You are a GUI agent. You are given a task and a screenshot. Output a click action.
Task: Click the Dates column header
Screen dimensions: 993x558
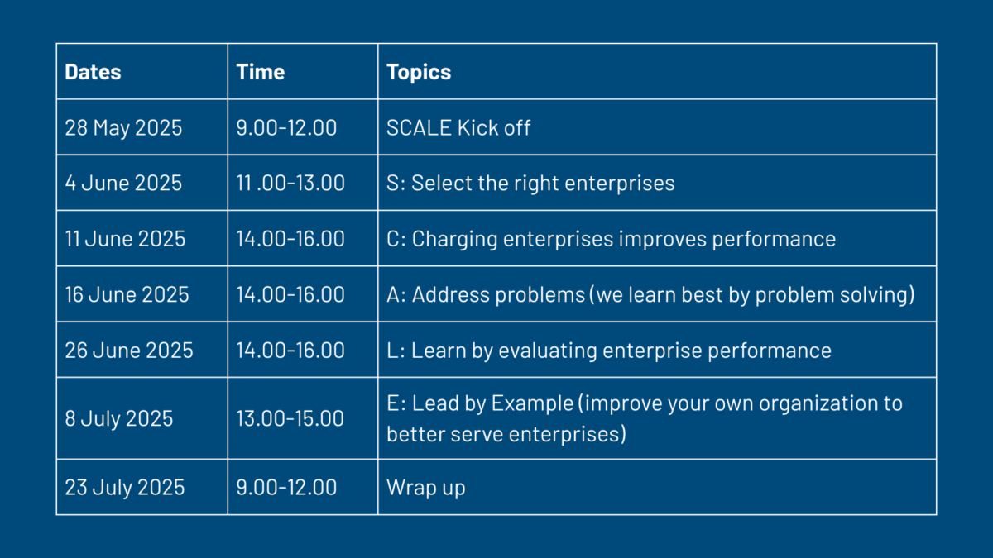pyautogui.click(x=93, y=72)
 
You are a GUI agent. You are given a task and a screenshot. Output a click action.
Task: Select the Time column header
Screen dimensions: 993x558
pyautogui.click(x=260, y=72)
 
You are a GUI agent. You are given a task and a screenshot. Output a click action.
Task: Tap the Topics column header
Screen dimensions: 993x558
pyautogui.click(x=419, y=73)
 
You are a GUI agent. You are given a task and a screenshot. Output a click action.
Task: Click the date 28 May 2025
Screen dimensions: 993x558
pyautogui.click(x=123, y=128)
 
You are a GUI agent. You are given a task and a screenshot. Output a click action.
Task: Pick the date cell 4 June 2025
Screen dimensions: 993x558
pyautogui.click(x=123, y=183)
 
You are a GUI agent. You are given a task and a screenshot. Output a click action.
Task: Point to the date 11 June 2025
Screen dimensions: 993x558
pyautogui.click(x=125, y=239)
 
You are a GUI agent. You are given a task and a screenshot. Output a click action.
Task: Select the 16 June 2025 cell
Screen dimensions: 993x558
pyautogui.click(x=127, y=294)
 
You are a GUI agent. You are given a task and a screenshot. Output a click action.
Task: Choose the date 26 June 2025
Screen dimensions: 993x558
pyautogui.click(x=129, y=351)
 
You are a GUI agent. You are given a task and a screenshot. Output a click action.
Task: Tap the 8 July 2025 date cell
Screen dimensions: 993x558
pyautogui.click(x=119, y=418)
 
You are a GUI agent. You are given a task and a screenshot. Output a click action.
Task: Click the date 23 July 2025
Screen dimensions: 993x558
pyautogui.click(x=125, y=488)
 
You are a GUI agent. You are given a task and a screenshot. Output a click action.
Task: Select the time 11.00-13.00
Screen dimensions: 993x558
pyautogui.click(x=290, y=183)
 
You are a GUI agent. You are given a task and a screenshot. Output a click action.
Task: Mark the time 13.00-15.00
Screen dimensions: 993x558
pyautogui.click(x=290, y=418)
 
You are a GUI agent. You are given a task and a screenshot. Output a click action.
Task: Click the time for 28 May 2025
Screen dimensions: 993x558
pyautogui.click(x=286, y=128)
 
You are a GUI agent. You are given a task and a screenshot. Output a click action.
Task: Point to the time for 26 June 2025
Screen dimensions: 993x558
pyautogui.click(x=290, y=351)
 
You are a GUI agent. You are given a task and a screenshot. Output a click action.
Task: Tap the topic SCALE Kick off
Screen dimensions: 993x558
pyautogui.click(x=458, y=128)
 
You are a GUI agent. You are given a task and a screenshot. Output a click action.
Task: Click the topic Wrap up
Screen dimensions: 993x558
pyautogui.click(x=426, y=488)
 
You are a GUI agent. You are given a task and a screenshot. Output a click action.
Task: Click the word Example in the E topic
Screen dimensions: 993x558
pyautogui.click(x=532, y=404)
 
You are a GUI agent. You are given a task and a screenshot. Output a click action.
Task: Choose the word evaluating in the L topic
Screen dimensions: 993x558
pyautogui.click(x=548, y=351)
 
